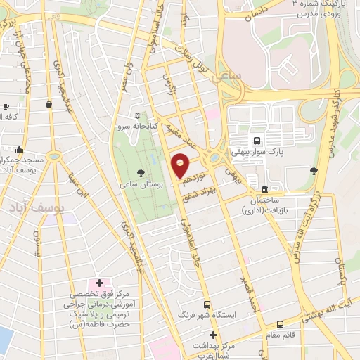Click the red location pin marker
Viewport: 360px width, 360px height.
[x=180, y=165]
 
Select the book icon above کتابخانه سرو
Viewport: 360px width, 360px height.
[x=137, y=115]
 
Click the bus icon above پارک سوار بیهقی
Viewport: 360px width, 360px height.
[x=257, y=139]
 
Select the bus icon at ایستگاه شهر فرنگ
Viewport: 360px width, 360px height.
[x=207, y=305]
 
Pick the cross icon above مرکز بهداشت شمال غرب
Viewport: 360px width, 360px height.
[x=214, y=335]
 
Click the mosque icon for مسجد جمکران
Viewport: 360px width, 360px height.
[x=19, y=150]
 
